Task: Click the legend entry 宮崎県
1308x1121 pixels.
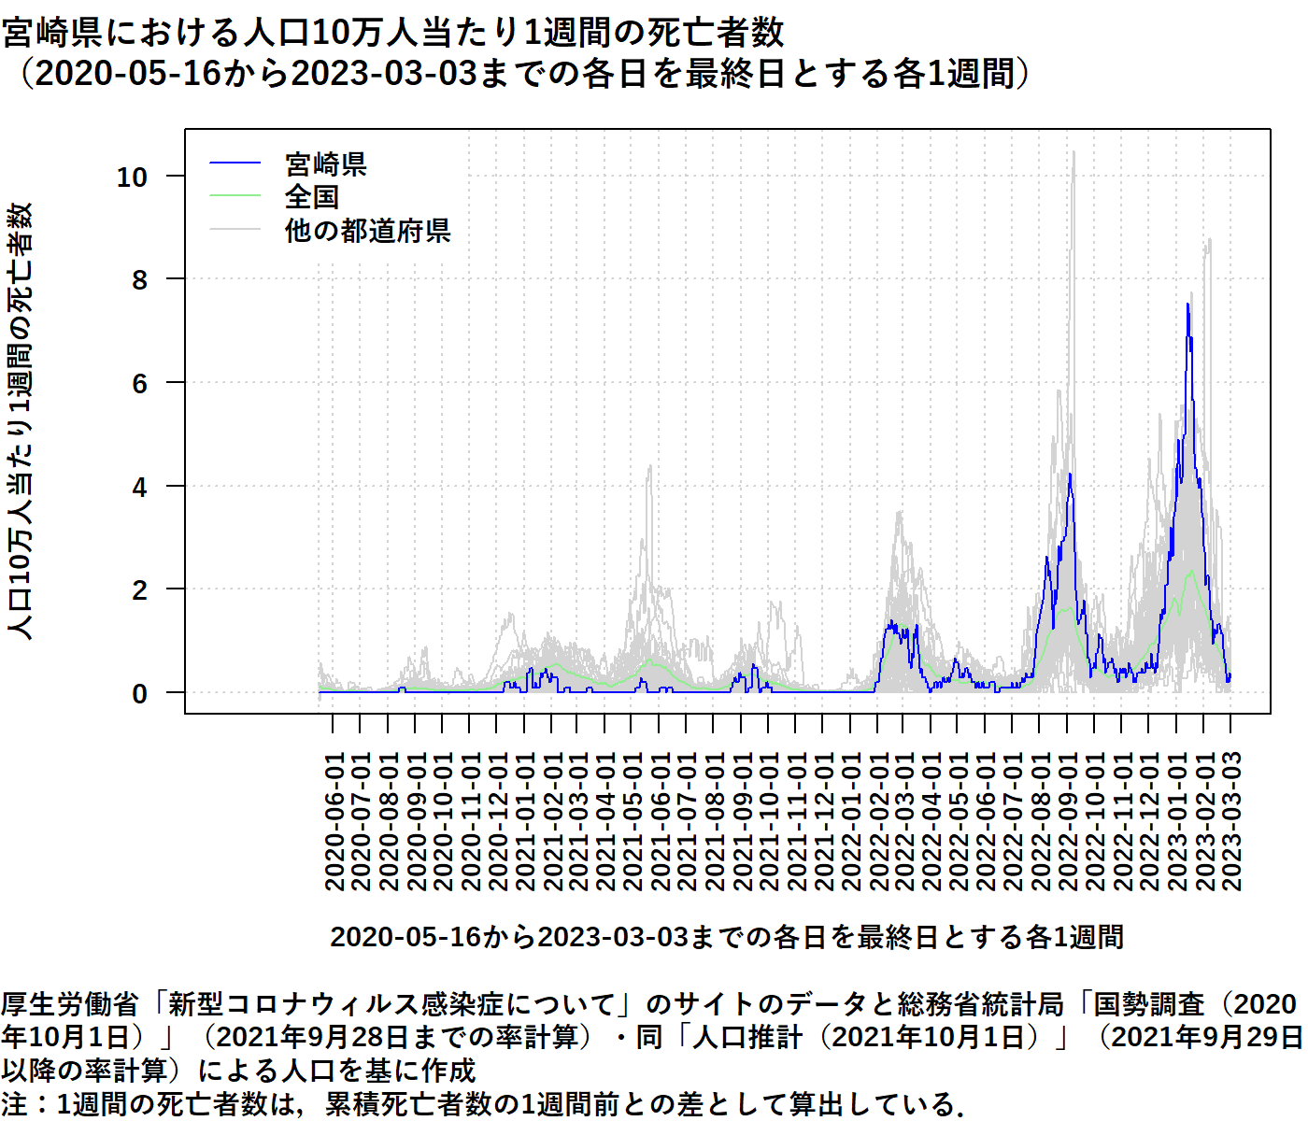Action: click(x=325, y=164)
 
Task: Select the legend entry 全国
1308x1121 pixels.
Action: click(x=311, y=197)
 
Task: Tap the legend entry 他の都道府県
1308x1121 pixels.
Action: click(x=367, y=230)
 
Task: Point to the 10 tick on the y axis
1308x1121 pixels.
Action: click(x=132, y=177)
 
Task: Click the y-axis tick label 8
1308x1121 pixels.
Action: click(x=140, y=279)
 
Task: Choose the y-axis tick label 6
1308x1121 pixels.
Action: click(x=140, y=383)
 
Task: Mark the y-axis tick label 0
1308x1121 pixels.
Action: click(x=140, y=694)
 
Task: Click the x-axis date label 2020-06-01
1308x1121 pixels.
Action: click(x=334, y=821)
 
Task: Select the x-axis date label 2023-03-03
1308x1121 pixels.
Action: click(x=1231, y=821)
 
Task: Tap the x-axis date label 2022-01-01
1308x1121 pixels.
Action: click(x=851, y=821)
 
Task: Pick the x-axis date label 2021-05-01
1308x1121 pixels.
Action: click(x=633, y=821)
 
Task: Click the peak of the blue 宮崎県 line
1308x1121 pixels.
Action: click(x=1187, y=304)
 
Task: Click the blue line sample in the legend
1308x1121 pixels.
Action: click(x=235, y=164)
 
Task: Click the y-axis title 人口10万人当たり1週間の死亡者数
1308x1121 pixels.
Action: click(x=21, y=420)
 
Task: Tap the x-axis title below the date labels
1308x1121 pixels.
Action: click(x=727, y=937)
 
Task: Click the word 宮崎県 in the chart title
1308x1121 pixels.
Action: click(x=52, y=34)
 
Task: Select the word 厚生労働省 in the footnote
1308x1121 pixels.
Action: click(x=70, y=1004)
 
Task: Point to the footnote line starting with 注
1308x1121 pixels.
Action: click(x=481, y=1104)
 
